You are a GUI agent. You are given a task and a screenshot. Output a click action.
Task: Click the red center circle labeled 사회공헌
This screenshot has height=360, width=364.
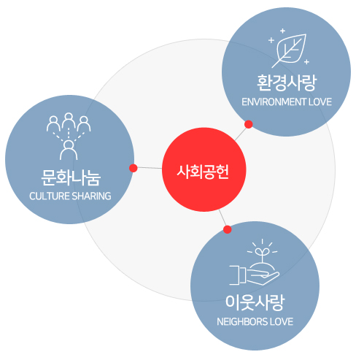coord(204,169)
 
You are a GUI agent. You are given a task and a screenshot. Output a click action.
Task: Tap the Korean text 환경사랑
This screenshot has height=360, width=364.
coord(287,83)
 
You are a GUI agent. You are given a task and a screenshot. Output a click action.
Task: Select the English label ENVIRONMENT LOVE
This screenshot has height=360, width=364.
coord(287,102)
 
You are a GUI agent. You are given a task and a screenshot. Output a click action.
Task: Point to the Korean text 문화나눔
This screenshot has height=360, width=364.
coord(71,177)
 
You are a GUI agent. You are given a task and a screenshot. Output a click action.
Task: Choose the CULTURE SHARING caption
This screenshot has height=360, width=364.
coord(70,196)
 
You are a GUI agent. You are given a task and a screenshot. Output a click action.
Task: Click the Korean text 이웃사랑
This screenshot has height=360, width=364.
coord(255,302)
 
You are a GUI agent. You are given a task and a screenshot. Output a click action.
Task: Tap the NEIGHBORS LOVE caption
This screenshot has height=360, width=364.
coord(255,322)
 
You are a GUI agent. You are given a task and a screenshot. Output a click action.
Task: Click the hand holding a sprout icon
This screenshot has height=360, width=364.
coord(254,262)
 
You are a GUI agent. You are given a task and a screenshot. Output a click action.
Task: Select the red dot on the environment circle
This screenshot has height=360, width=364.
coord(248,124)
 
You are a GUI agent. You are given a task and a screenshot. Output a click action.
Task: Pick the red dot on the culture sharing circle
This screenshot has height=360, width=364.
coord(133,168)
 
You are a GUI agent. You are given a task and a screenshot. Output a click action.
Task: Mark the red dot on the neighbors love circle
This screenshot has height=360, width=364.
coord(228,229)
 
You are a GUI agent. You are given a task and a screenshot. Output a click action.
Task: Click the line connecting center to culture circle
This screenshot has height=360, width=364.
coord(150,168)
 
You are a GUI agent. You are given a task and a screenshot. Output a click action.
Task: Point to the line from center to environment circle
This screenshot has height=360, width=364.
coord(241,134)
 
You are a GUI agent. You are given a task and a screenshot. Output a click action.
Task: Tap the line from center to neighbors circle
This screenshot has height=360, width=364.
coord(222,218)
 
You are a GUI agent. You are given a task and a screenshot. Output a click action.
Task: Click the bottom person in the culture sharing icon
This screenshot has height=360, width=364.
coord(69,150)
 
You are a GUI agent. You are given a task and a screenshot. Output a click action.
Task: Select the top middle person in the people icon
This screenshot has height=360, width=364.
coord(69,120)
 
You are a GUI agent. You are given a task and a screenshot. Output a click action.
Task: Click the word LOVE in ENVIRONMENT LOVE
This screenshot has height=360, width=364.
coord(320,102)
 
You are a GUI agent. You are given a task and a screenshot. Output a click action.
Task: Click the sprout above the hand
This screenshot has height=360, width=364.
coord(263,254)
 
